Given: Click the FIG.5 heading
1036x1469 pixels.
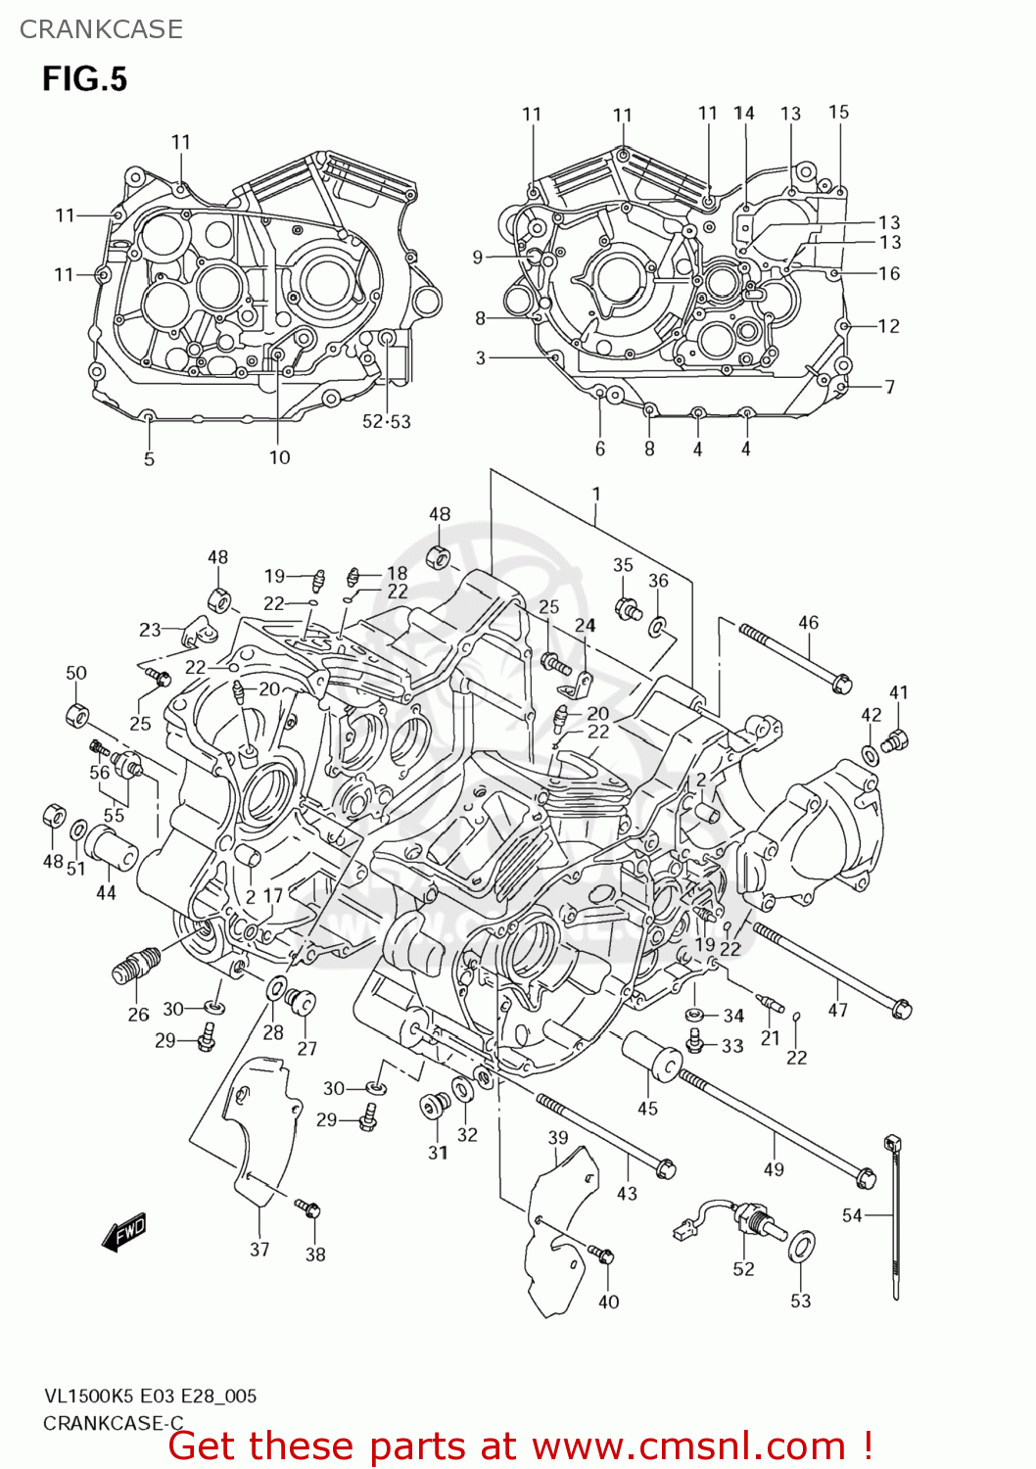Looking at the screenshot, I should click(x=84, y=79).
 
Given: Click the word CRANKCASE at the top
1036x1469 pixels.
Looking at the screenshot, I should click(x=101, y=29).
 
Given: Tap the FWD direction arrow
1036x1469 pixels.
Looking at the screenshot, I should click(x=124, y=1233).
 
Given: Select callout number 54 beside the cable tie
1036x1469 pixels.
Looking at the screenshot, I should click(x=852, y=1215).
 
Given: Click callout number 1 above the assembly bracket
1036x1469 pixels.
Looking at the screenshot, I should click(x=595, y=495).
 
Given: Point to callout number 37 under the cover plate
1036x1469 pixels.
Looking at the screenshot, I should click(x=259, y=1249).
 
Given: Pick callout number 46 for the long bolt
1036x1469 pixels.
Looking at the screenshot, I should click(x=808, y=623).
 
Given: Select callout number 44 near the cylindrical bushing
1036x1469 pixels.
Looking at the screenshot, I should click(x=106, y=892).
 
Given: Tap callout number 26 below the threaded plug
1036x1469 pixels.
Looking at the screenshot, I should click(x=138, y=1015).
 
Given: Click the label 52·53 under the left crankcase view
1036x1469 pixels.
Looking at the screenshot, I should click(x=387, y=422).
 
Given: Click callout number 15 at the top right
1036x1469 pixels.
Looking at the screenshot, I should click(x=838, y=112).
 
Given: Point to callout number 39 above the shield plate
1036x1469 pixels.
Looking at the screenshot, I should click(x=557, y=1137).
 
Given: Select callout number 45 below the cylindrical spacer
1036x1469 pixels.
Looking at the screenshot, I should click(x=647, y=1109).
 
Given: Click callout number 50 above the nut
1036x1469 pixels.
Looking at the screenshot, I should click(x=76, y=673).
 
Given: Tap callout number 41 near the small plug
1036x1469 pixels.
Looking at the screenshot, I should click(x=898, y=692).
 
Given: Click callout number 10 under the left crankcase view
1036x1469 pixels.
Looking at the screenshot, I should click(x=280, y=457).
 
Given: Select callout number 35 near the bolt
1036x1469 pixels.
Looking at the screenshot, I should click(x=623, y=565).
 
